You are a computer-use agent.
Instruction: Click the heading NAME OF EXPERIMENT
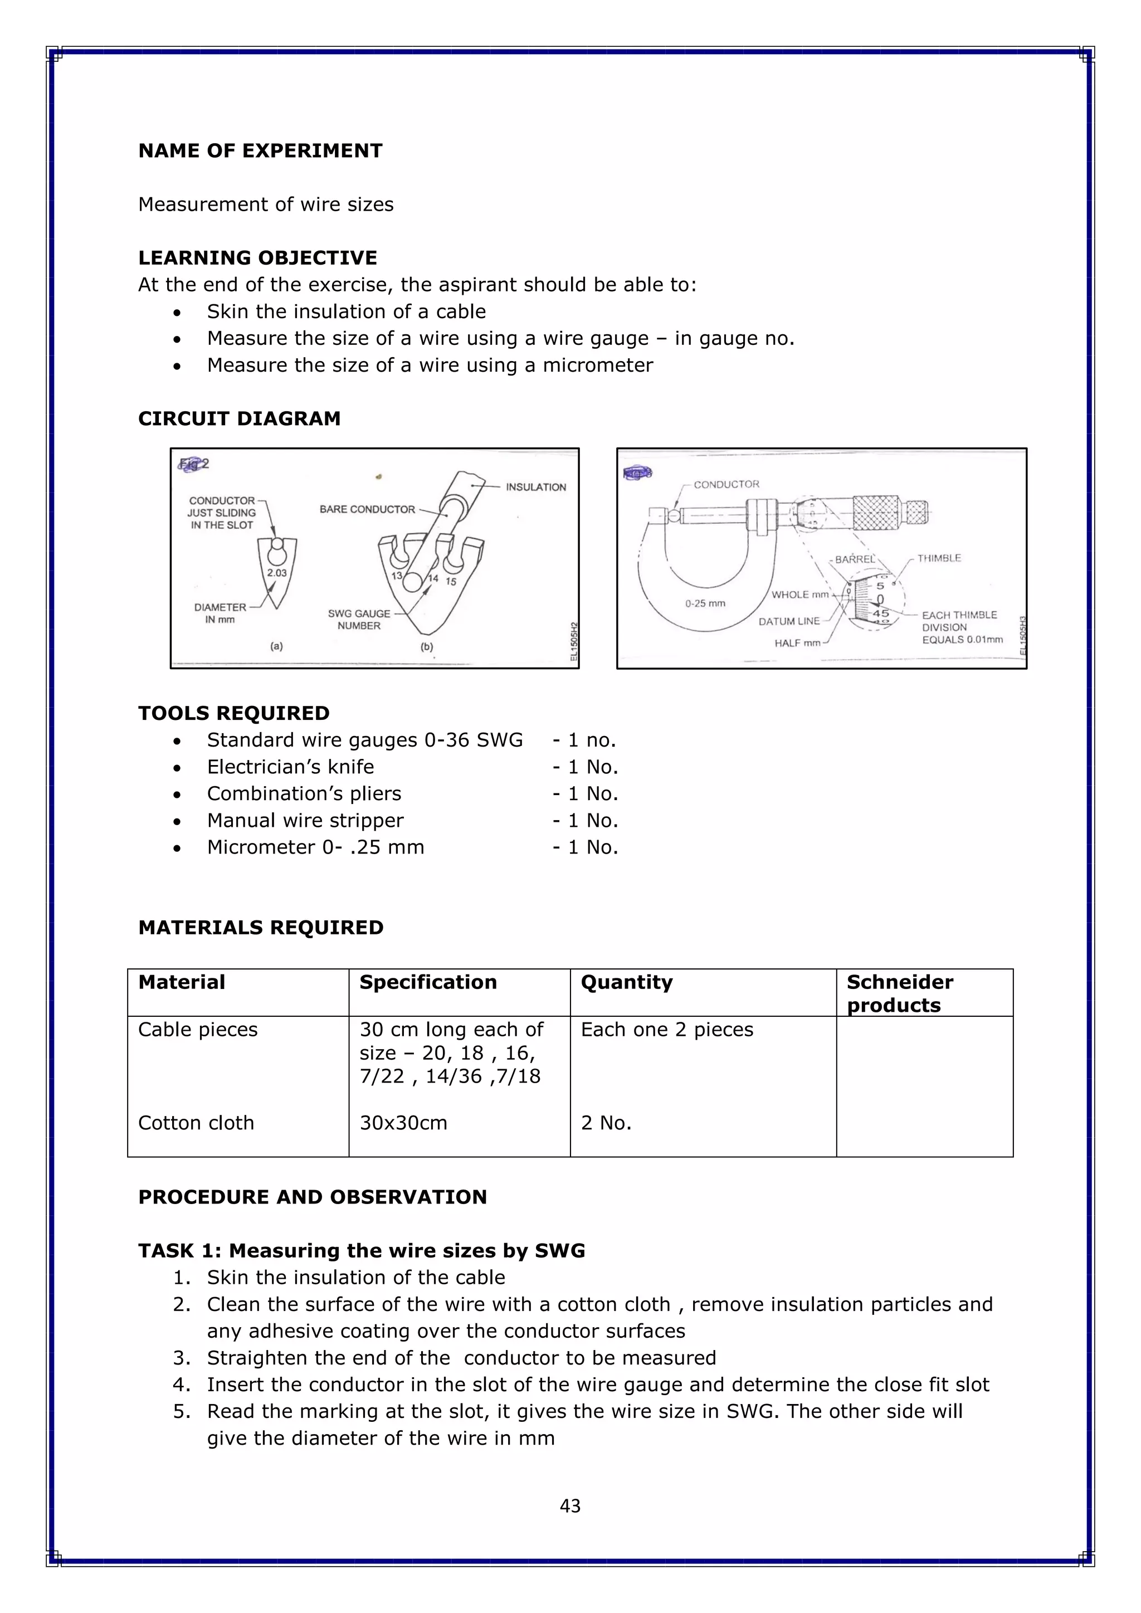[x=260, y=151]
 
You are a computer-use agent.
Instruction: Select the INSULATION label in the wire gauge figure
[x=535, y=487]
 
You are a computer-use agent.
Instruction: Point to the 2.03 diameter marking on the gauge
[x=277, y=573]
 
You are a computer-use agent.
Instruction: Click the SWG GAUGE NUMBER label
[x=358, y=619]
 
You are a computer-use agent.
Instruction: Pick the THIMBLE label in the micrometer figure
[x=939, y=558]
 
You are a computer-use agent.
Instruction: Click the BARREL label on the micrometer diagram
[x=854, y=559]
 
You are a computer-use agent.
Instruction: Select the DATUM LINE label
[x=788, y=621]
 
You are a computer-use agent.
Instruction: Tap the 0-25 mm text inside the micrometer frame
[x=705, y=603]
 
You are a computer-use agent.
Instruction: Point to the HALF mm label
[x=797, y=643]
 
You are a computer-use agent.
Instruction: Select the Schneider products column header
[x=899, y=993]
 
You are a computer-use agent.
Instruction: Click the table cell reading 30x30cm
[x=403, y=1123]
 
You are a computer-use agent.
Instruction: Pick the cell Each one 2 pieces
[x=666, y=1029]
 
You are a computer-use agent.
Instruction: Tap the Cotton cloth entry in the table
[x=196, y=1123]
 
